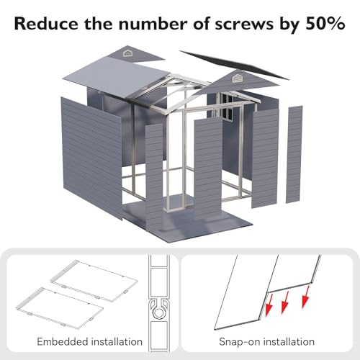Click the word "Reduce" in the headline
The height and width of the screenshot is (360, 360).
[x=46, y=24]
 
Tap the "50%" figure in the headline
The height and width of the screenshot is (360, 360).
[x=325, y=24]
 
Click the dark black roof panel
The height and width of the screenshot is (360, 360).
[x=234, y=64]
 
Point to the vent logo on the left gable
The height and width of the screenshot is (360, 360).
[x=127, y=53]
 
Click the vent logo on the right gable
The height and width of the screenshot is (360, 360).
[x=237, y=78]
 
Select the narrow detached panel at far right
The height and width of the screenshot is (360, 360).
[x=294, y=154]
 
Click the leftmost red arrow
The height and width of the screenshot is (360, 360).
[x=269, y=305]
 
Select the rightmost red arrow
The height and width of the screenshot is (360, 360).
[x=305, y=297]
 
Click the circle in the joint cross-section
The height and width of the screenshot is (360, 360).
[x=158, y=313]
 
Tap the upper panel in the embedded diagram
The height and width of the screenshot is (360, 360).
[x=94, y=281]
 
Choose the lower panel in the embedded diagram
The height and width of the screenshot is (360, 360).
[x=60, y=308]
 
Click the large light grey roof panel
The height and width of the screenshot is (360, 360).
[x=117, y=77]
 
